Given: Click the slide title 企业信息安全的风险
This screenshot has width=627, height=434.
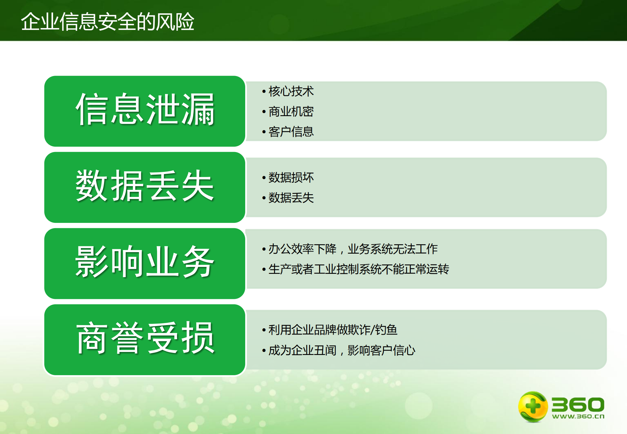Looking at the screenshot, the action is pyautogui.click(x=107, y=22).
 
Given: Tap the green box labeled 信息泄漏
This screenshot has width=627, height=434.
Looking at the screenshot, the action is pyautogui.click(x=144, y=111).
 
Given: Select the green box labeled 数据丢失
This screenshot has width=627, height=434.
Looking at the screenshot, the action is pyautogui.click(x=144, y=187).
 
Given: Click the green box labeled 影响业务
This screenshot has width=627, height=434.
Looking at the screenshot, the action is pyautogui.click(x=144, y=263).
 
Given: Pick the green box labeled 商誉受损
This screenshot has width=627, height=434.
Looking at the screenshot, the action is pyautogui.click(x=144, y=340).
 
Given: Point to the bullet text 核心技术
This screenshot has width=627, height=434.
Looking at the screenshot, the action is pyautogui.click(x=291, y=91).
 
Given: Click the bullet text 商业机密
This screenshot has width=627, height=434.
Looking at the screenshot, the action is pyautogui.click(x=291, y=112).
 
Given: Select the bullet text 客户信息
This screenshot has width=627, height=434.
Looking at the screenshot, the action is pyautogui.click(x=291, y=132).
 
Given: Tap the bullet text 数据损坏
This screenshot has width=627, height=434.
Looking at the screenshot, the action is pyautogui.click(x=291, y=177).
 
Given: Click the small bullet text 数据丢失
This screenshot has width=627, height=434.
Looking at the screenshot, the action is pyautogui.click(x=291, y=198).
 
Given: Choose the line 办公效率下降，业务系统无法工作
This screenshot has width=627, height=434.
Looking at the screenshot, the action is pyautogui.click(x=353, y=249).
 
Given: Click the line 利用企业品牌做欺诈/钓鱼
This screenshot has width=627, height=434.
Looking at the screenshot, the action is pyautogui.click(x=332, y=330).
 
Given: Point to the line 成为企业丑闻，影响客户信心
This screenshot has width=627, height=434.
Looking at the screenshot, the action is pyautogui.click(x=341, y=350).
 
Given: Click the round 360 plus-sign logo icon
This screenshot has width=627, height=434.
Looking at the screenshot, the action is pyautogui.click(x=532, y=406).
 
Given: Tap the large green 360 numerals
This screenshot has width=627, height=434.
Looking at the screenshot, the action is pyautogui.click(x=578, y=404).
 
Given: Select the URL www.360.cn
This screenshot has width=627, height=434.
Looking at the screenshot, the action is pyautogui.click(x=578, y=417).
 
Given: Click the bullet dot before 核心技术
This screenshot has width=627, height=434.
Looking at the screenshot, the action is pyautogui.click(x=264, y=91).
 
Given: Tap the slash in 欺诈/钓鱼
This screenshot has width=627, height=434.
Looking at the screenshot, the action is pyautogui.click(x=372, y=330).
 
